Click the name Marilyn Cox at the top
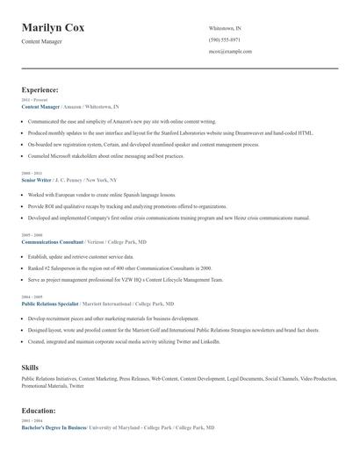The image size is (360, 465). [53, 28]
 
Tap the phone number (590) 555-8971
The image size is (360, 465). [224, 39]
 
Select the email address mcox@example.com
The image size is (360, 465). [230, 51]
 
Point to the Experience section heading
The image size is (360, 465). [40, 89]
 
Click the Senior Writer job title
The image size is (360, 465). [38, 179]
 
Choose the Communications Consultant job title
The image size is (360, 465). [52, 241]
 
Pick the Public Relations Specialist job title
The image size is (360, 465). [51, 304]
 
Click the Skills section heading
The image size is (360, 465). [30, 367]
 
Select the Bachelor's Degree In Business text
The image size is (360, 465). [54, 427]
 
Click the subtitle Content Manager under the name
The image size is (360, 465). [43, 42]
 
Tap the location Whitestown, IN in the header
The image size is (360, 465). [225, 28]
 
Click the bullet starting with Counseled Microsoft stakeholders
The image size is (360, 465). [105, 156]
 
